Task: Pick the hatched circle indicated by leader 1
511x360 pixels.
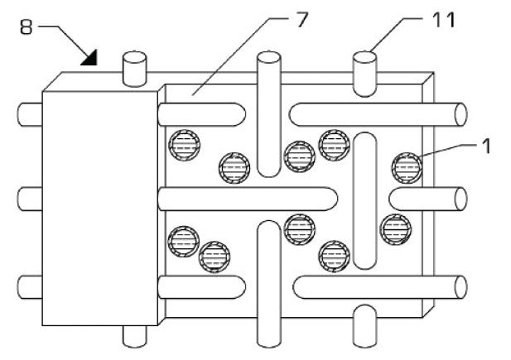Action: point(406,167)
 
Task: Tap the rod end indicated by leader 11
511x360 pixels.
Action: point(365,60)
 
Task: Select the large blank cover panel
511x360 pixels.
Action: point(99,207)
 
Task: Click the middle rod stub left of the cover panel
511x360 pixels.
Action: point(30,199)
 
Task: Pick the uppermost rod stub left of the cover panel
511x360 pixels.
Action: point(30,113)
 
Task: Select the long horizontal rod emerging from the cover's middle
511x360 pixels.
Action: point(248,199)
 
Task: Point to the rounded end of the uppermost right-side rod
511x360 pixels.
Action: point(458,113)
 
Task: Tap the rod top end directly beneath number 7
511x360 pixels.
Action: point(269,60)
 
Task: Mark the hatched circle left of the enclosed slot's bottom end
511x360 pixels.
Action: point(334,254)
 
